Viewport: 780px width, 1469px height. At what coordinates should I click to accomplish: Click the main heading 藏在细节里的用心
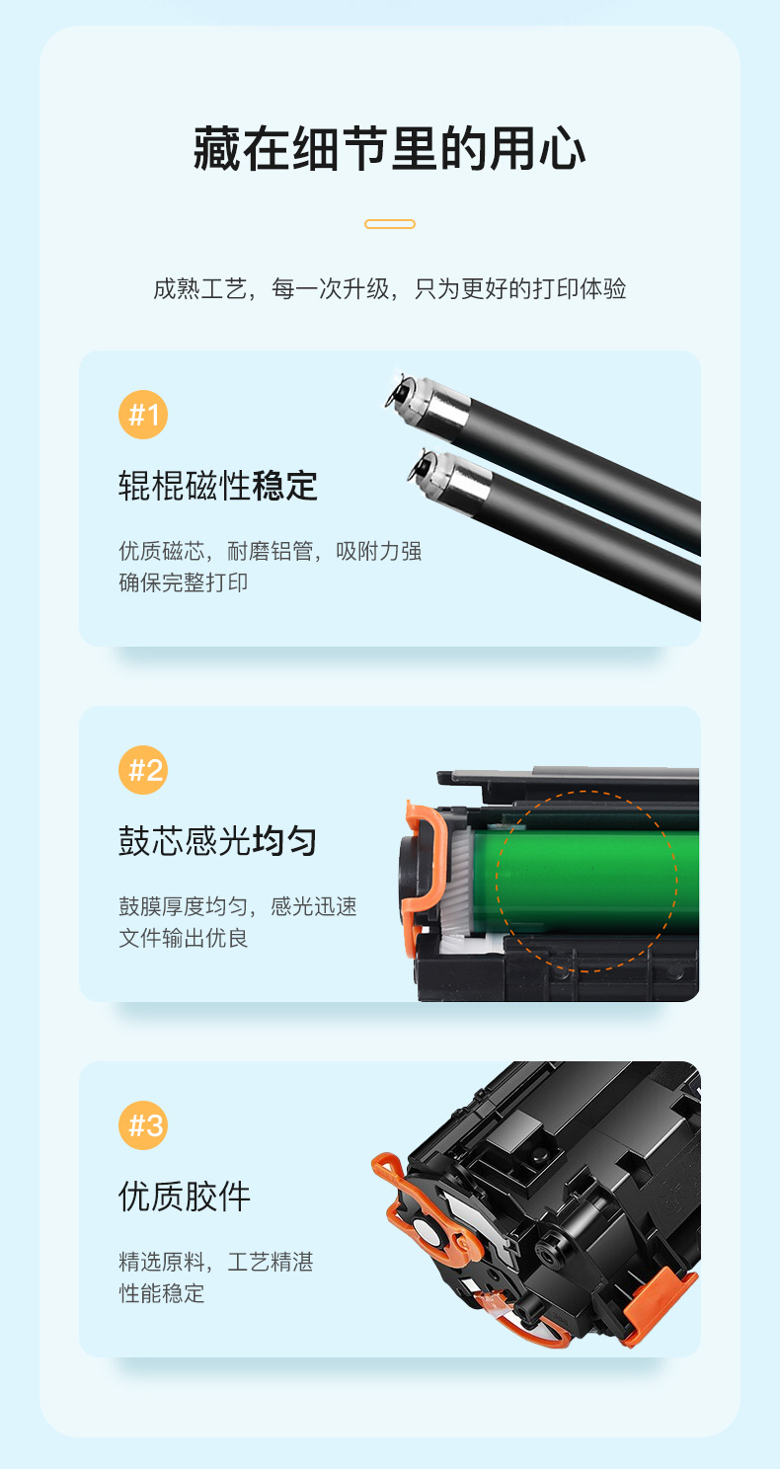point(389,149)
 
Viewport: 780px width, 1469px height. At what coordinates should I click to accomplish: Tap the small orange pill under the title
point(390,224)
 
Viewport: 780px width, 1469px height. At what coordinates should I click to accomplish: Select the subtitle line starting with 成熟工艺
point(390,288)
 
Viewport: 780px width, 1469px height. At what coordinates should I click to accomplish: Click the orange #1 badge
point(143,415)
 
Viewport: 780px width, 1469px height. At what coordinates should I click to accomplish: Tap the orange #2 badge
point(143,770)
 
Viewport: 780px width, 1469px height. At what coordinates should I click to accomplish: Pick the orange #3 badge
point(143,1125)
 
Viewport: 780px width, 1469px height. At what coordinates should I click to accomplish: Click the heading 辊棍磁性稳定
point(218,486)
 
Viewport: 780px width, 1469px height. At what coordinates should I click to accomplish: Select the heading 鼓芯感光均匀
point(218,841)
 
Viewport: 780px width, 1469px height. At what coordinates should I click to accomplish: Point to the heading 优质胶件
point(185,1197)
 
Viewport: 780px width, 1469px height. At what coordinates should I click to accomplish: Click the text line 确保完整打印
point(183,582)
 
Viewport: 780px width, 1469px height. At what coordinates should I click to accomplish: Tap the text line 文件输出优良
point(183,938)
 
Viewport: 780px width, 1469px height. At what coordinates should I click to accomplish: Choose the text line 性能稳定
point(161,1293)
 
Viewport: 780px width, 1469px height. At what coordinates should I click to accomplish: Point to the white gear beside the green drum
point(459,879)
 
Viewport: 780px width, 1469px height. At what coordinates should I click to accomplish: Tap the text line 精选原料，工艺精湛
point(216,1262)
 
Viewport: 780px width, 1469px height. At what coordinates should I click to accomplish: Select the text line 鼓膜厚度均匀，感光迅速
point(238,906)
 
